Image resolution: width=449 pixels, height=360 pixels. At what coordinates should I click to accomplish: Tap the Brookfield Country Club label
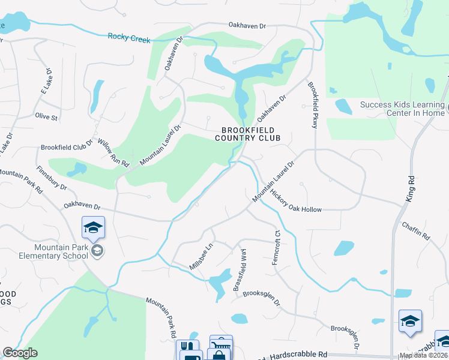[248, 134]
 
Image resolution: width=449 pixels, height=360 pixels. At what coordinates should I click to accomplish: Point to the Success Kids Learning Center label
[402, 108]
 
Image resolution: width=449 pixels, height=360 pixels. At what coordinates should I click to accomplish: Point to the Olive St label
[46, 116]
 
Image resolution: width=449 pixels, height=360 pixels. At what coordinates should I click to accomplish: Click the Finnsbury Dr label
[52, 178]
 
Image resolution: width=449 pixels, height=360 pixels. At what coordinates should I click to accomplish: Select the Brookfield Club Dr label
[67, 146]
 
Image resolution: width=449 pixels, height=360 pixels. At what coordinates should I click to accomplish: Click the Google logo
[20, 353]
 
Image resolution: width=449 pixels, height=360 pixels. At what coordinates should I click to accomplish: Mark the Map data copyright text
[424, 355]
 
